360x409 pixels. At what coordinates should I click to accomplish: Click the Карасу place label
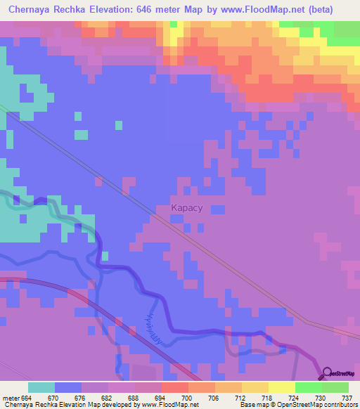tap(188, 208)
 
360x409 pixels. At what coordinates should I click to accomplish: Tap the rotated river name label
tap(158, 326)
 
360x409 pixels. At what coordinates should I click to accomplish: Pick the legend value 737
tap(347, 398)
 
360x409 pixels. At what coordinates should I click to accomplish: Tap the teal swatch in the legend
tap(41, 387)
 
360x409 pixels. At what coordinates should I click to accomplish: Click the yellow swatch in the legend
tap(281, 387)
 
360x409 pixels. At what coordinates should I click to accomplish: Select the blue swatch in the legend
tap(68, 387)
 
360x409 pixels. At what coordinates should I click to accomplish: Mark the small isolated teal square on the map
tap(82, 134)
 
